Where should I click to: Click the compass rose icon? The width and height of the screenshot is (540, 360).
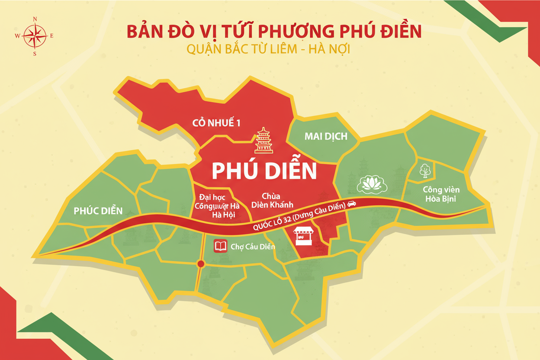(35, 36)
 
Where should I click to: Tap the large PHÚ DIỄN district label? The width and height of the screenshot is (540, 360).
(264, 171)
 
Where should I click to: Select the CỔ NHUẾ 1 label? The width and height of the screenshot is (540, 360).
(216, 123)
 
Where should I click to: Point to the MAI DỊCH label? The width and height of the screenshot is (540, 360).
(326, 136)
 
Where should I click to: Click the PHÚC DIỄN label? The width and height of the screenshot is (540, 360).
(98, 211)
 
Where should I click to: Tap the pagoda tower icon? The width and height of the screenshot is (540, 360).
(264, 140)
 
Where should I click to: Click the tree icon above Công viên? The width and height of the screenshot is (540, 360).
(425, 171)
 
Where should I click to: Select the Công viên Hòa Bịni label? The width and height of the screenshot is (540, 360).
(441, 194)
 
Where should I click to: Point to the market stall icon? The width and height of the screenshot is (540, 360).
(303, 236)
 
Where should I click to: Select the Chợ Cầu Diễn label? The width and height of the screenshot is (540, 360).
(253, 247)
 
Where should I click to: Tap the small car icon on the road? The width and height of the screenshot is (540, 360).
(351, 203)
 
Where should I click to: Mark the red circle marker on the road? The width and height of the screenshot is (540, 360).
(200, 264)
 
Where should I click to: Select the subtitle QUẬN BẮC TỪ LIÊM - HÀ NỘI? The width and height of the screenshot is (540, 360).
(268, 49)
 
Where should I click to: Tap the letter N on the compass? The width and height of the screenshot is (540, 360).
(35, 19)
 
